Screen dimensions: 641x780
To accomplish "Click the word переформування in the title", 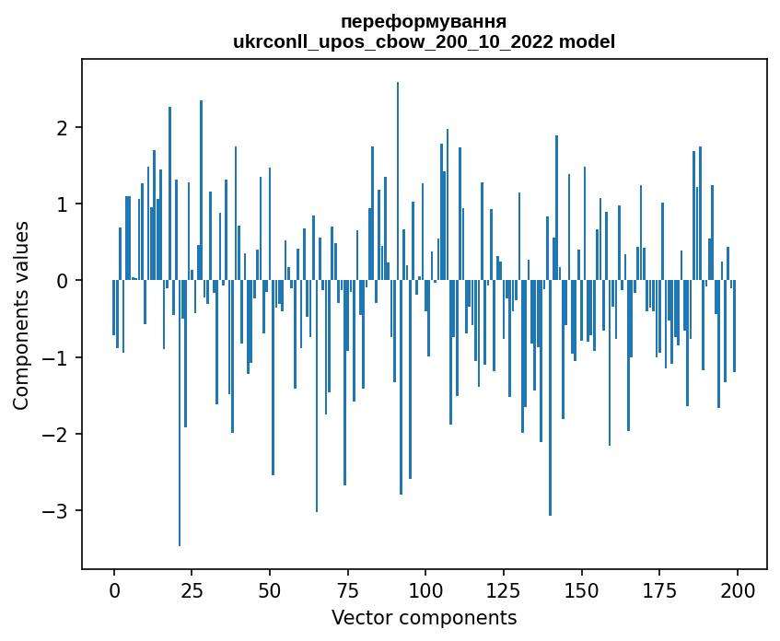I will (423, 21).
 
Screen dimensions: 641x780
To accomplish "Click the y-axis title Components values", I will (21, 315).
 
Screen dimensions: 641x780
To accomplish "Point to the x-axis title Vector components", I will (424, 617).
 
